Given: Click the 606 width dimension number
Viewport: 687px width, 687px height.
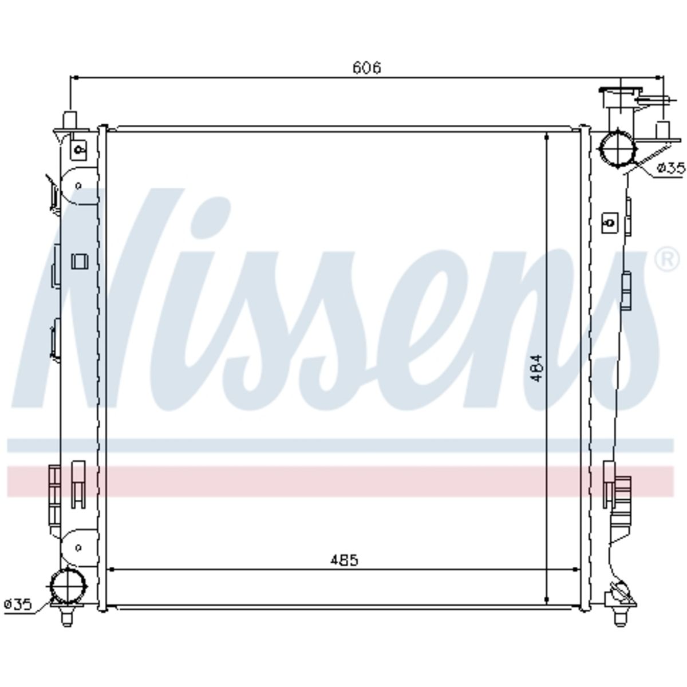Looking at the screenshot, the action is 366,68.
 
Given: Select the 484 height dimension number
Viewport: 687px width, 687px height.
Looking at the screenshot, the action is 537,368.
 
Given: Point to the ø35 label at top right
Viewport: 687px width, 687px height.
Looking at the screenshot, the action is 671,168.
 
